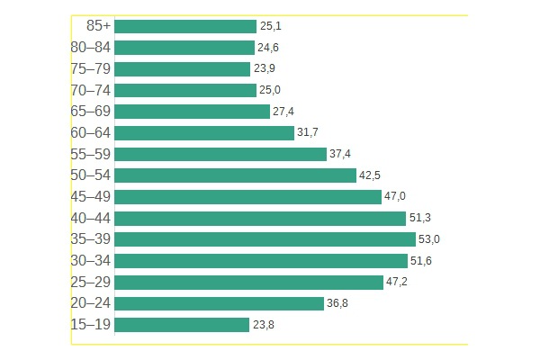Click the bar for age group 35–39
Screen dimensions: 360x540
tap(265, 239)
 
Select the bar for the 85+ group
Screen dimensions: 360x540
tap(185, 26)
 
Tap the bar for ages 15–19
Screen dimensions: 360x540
tap(182, 325)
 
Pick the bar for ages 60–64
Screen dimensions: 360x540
tap(204, 133)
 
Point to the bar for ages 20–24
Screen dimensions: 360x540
tap(219, 303)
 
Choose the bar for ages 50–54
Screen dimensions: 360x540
tap(235, 175)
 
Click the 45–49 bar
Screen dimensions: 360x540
tap(247, 197)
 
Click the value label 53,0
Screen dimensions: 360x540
tap(429, 239)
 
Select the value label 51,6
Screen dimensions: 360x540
tap(421, 261)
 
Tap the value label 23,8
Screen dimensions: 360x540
tap(263, 325)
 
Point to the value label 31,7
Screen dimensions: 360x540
tap(308, 133)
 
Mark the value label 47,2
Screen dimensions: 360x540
tap(397, 283)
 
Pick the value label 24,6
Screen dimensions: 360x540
tap(268, 48)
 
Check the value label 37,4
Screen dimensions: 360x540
tap(340, 154)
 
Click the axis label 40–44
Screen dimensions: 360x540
tap(90, 219)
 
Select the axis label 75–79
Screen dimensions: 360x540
tap(90, 69)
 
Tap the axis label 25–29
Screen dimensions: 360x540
tap(90, 283)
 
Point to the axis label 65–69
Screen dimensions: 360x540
tap(90, 112)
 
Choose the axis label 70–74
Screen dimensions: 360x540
tap(90, 90)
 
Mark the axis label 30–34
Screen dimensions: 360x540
tap(90, 261)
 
